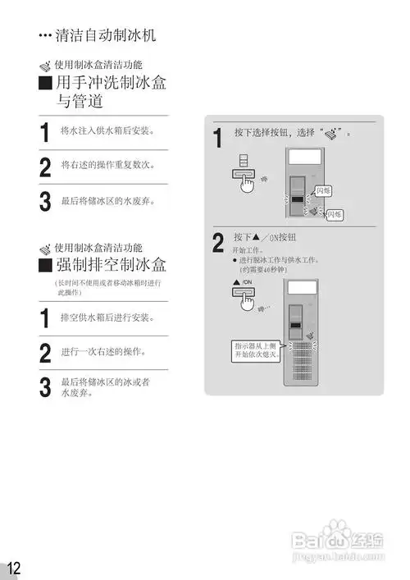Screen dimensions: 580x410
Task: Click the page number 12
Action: click(13, 568)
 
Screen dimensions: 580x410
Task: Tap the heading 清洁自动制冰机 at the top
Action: click(104, 36)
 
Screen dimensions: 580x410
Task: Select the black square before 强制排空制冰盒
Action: click(47, 265)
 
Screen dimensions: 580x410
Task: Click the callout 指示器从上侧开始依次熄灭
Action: click(257, 350)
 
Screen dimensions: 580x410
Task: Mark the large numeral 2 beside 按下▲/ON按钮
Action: click(217, 244)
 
